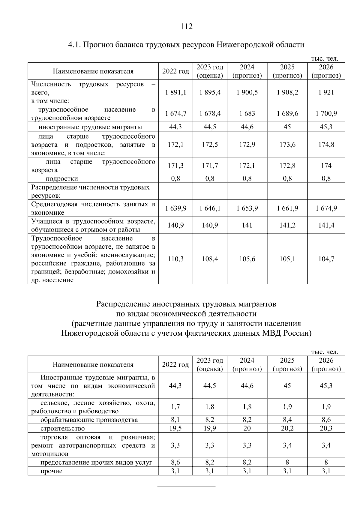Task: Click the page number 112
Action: (x=186, y=27)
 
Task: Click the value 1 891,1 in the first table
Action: (x=175, y=92)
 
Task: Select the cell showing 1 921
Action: (x=326, y=92)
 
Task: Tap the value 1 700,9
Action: (x=326, y=114)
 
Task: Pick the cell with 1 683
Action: (x=247, y=114)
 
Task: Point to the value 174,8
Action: (x=326, y=145)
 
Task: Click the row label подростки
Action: (x=62, y=179)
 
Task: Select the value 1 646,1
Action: (x=210, y=208)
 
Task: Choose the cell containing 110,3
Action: (x=175, y=259)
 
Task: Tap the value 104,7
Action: (x=326, y=259)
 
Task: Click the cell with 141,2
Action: (x=287, y=225)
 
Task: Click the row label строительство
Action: (x=63, y=428)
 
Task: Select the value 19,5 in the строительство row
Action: (x=175, y=428)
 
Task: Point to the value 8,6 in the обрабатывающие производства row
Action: (x=326, y=420)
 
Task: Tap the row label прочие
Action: (x=52, y=471)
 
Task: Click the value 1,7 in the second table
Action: (x=175, y=407)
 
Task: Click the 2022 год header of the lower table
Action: (x=175, y=365)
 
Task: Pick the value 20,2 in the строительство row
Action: (x=287, y=428)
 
